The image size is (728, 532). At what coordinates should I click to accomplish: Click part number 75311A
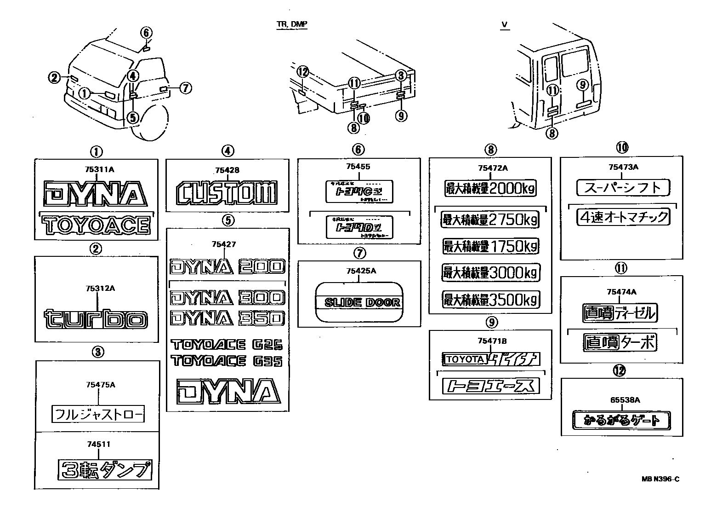(x=99, y=170)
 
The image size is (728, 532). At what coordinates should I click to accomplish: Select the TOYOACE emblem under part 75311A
(x=96, y=226)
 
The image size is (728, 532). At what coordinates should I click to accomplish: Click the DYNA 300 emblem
(x=227, y=298)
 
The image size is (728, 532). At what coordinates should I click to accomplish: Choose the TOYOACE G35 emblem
(x=227, y=360)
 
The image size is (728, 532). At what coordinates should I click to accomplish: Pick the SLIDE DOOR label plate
(x=359, y=302)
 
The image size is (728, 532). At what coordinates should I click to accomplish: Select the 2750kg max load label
(x=489, y=220)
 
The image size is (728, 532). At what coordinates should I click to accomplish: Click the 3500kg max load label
(x=489, y=300)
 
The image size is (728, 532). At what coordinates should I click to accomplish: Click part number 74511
(x=98, y=444)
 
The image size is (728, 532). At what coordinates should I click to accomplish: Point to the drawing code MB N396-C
(x=660, y=479)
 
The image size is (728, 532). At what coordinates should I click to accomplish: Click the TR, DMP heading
(x=292, y=24)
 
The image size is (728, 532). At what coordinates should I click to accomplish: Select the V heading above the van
(x=505, y=24)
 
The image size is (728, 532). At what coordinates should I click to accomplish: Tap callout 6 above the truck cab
(x=146, y=33)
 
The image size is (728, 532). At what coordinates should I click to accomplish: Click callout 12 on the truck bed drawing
(x=302, y=72)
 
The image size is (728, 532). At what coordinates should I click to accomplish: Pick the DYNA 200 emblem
(x=227, y=266)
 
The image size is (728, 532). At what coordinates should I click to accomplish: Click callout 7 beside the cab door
(x=185, y=87)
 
